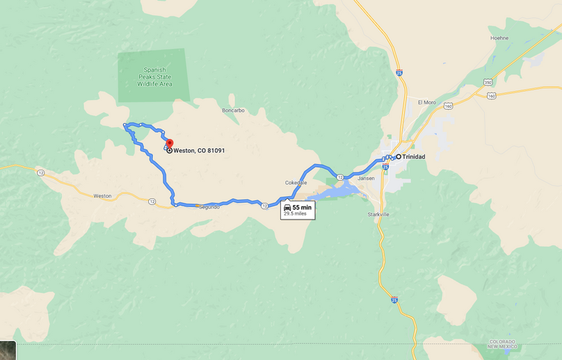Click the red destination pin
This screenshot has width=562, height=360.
169,143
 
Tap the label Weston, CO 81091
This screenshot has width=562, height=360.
199,151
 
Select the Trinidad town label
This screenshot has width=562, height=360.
413,157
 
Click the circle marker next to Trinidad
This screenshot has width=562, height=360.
399,157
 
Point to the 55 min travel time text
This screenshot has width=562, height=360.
301,207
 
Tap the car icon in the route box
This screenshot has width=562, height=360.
287,207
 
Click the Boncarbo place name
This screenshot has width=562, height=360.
233,111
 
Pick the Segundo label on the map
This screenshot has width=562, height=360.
209,207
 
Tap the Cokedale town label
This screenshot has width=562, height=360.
296,183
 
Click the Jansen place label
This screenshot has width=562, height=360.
366,178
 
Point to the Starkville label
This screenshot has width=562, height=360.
378,215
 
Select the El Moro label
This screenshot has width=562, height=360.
426,102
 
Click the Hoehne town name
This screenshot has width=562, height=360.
499,38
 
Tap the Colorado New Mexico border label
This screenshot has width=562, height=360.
501,344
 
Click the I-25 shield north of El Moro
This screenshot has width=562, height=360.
398,72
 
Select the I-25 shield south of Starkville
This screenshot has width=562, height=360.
394,300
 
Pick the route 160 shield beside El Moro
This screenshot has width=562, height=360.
448,106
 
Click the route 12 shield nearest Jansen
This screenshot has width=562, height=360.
340,177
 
